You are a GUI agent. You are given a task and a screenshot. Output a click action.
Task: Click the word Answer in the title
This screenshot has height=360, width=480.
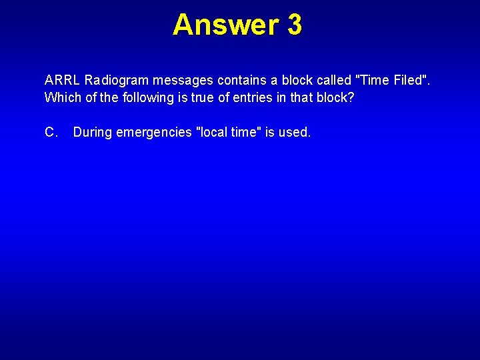coord(225,25)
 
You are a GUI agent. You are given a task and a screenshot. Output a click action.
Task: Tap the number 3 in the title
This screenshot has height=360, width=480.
coord(295,25)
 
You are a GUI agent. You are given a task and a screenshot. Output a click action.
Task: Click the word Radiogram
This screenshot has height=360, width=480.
coord(117,81)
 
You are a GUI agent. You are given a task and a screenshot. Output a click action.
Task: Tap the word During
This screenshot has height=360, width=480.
coord(93,133)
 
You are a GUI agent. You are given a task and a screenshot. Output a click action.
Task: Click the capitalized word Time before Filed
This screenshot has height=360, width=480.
coord(375,81)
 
